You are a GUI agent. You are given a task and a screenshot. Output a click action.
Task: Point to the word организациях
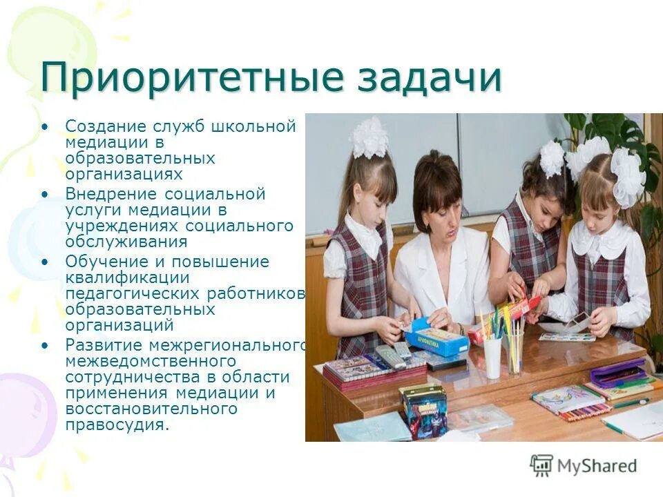[124, 175]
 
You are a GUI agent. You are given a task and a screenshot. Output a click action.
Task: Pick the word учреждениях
[122, 226]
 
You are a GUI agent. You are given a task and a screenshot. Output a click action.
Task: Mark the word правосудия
[117, 425]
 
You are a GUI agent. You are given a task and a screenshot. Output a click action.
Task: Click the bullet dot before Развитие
[46, 344]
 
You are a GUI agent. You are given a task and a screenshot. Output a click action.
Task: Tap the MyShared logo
[584, 465]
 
